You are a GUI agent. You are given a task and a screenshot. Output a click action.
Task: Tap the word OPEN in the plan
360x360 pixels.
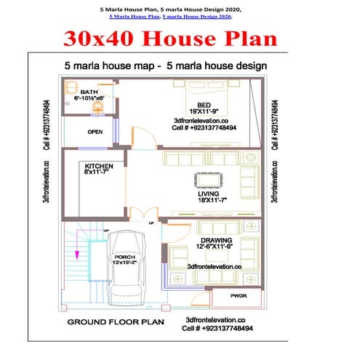[x=95, y=132]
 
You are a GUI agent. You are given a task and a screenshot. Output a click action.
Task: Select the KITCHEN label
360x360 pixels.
[x=98, y=166]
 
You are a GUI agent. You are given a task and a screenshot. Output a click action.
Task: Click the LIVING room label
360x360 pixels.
[x=208, y=193]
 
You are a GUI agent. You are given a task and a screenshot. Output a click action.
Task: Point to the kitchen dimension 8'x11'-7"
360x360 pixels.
[x=98, y=173]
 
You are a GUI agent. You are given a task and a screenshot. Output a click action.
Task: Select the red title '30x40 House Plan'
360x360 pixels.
[x=180, y=38]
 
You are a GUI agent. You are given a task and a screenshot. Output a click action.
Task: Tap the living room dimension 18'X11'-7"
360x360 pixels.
[x=208, y=201]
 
